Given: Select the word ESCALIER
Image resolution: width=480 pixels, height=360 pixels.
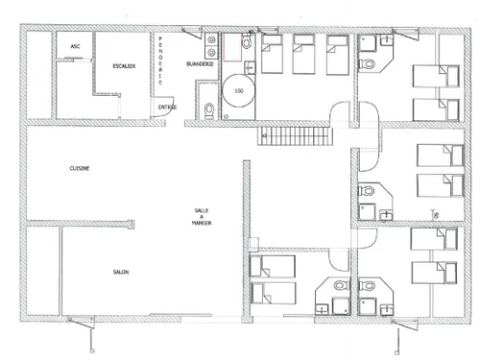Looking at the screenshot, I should pyautogui.click(x=125, y=67).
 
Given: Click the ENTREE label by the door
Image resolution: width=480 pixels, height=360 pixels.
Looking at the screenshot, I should pyautogui.click(x=167, y=107).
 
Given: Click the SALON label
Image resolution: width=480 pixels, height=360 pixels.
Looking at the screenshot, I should pyautogui.click(x=120, y=272).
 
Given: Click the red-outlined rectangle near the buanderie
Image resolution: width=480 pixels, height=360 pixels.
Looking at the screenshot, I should pyautogui.click(x=231, y=48).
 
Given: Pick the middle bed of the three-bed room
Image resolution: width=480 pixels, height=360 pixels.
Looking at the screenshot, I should pyautogui.click(x=304, y=55).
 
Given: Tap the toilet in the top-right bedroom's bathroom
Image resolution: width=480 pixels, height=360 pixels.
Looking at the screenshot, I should pyautogui.click(x=370, y=65).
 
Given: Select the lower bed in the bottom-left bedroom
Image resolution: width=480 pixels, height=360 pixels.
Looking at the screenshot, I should pyautogui.click(x=273, y=292).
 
